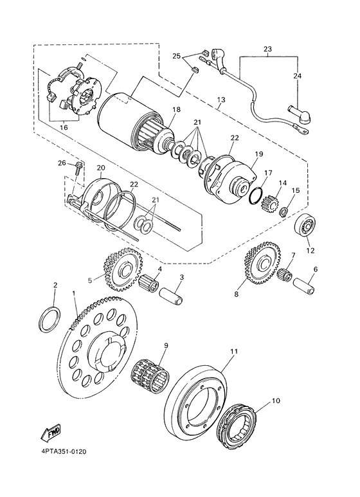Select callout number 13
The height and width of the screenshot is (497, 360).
tap(221, 100)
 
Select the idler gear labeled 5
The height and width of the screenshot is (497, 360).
tap(121, 269)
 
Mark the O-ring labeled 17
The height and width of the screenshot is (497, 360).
tap(255, 195)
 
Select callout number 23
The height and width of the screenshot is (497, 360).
tap(268, 49)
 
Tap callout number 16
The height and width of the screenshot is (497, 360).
tap(64, 128)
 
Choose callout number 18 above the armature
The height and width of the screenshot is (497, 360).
tap(176, 110)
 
